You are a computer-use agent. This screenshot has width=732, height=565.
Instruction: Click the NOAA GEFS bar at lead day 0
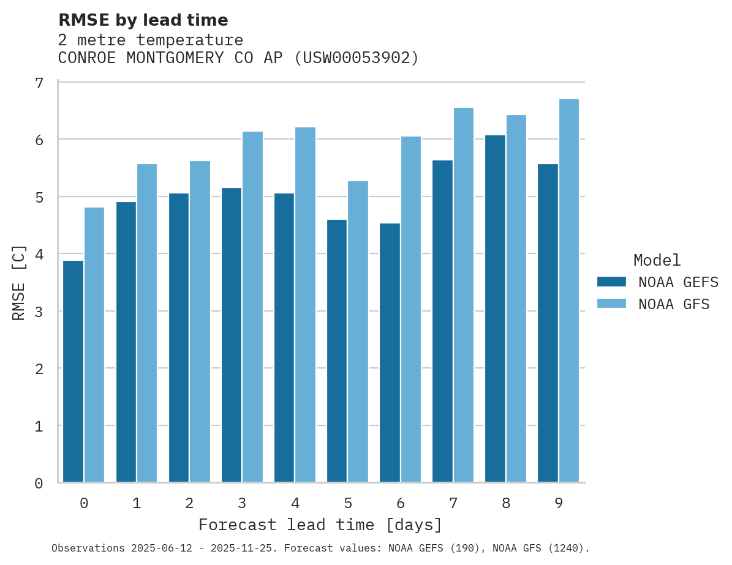click(74, 372)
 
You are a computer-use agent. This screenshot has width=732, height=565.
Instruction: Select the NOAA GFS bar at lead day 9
click(569, 291)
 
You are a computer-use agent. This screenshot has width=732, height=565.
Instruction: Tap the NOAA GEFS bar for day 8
click(495, 309)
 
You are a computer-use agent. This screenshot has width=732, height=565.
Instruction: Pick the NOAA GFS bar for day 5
click(358, 332)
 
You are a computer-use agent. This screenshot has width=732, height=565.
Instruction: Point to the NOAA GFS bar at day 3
click(253, 307)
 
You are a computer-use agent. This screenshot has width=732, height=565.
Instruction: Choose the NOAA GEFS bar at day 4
click(284, 338)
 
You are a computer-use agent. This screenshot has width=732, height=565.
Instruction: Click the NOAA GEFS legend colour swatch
click(611, 282)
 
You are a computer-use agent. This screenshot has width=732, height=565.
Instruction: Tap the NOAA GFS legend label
click(674, 304)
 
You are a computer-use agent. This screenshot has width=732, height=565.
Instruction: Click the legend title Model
click(657, 260)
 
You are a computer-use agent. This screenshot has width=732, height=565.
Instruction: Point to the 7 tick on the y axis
click(39, 83)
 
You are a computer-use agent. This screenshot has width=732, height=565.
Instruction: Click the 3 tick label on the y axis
click(39, 312)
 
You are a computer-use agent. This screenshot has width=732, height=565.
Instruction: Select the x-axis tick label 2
click(189, 503)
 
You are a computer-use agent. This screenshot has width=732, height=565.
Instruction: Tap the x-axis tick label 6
click(401, 503)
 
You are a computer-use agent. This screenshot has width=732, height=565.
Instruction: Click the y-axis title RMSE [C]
click(19, 282)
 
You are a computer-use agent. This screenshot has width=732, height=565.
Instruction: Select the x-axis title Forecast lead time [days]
click(320, 525)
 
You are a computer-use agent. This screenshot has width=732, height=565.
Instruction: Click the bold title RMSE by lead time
click(143, 20)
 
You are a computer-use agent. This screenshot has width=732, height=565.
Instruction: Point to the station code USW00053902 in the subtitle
click(357, 58)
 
